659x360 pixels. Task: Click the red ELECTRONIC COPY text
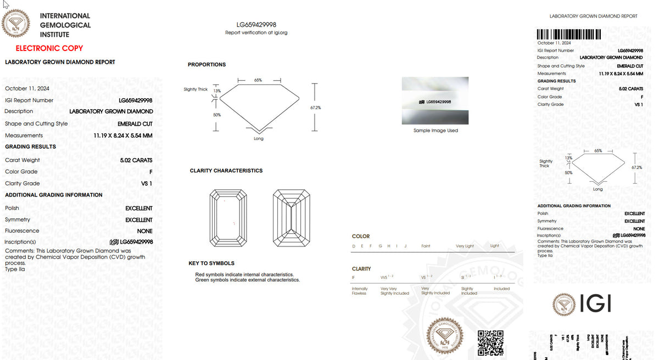pos(49,48)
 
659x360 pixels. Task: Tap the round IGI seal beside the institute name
pos(16,23)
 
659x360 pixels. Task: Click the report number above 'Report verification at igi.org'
pos(256,25)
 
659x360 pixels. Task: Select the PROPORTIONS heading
pos(206,65)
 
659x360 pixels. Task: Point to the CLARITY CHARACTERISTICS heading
pos(226,171)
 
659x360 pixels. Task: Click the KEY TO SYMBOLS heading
pos(211,263)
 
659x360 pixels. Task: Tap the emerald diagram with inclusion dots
pos(227,218)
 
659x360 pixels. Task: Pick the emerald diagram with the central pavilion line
pos(291,218)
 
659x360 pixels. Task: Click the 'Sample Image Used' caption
pos(435,131)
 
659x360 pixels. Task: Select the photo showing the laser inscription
pos(435,102)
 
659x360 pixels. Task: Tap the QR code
pos(490,342)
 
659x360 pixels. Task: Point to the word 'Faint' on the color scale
pos(426,246)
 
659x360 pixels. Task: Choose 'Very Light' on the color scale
pos(464,246)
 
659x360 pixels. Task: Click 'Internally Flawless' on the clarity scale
pos(360,291)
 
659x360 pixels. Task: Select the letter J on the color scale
pos(405,246)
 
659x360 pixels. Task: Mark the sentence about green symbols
pos(247,280)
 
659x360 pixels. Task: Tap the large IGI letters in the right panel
pos(595,303)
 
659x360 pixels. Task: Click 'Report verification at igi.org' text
pos(256,33)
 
